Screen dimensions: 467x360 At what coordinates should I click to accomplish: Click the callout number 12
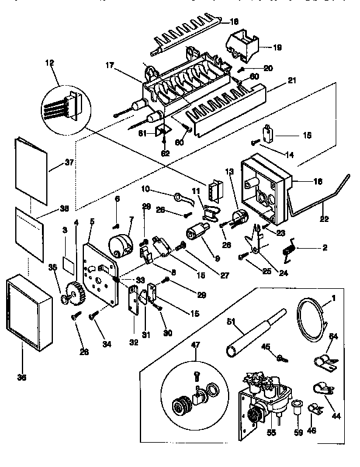49,63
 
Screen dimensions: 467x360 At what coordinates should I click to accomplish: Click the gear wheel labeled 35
71,296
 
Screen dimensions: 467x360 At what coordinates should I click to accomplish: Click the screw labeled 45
281,358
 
